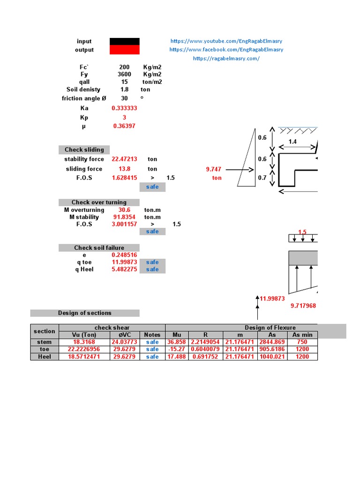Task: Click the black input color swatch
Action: pos(124,41)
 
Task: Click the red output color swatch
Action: pos(124,50)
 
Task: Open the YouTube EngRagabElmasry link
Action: pos(226,41)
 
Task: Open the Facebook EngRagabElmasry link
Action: pos(226,50)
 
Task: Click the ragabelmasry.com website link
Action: pos(226,59)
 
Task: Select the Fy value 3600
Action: pos(124,74)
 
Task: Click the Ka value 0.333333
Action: pos(124,108)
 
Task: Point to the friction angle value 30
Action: pos(124,98)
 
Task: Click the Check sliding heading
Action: pos(84,150)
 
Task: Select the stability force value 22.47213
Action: pos(124,159)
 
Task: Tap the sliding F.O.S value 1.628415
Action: pos(124,178)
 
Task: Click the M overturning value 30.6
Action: pos(124,210)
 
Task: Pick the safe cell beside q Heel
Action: pos(152,270)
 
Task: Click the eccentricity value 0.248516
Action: pos(124,255)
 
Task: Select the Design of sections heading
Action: pos(85,313)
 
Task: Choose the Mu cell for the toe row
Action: pos(177,349)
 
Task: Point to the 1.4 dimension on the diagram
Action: pos(292,141)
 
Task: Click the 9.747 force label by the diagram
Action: pos(214,169)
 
